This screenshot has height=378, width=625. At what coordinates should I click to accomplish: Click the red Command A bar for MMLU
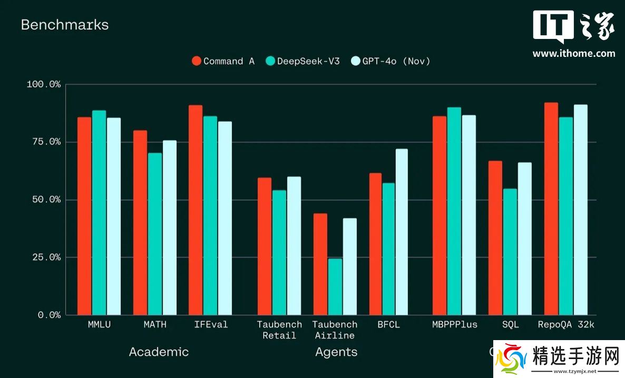pyautogui.click(x=84, y=216)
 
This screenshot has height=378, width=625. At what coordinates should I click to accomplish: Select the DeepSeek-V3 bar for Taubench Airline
pyautogui.click(x=335, y=287)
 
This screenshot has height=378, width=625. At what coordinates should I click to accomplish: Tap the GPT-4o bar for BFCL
pyautogui.click(x=402, y=232)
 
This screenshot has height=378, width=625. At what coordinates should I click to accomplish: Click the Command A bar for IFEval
pyautogui.click(x=196, y=210)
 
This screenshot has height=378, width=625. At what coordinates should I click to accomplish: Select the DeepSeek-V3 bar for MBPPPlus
pyautogui.click(x=454, y=211)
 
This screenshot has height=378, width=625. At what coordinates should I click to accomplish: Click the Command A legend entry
pyautogui.click(x=223, y=61)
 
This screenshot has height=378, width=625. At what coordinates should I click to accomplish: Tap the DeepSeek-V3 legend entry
pyautogui.click(x=303, y=61)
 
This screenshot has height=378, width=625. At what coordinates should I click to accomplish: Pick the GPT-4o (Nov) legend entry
pyautogui.click(x=390, y=61)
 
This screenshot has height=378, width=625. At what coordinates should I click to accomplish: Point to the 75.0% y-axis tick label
pyautogui.click(x=44, y=142)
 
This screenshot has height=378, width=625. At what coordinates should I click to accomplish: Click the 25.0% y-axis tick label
pyautogui.click(x=44, y=257)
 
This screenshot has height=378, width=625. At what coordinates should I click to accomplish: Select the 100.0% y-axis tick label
pyautogui.click(x=44, y=84)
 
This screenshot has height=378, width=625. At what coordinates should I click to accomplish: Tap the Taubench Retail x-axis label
pyautogui.click(x=279, y=330)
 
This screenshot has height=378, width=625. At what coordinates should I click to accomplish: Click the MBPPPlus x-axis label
pyautogui.click(x=454, y=325)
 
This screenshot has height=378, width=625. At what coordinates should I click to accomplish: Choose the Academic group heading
pyautogui.click(x=159, y=352)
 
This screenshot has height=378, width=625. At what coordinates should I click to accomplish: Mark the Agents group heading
pyautogui.click(x=336, y=352)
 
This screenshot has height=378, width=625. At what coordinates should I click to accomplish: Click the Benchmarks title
pyautogui.click(x=65, y=25)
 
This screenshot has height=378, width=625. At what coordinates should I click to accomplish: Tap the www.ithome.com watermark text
pyautogui.click(x=574, y=53)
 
